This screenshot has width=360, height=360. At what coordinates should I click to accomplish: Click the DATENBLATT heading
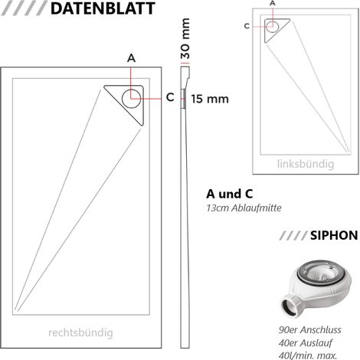click(103, 8)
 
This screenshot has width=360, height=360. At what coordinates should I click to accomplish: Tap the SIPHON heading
click(334, 235)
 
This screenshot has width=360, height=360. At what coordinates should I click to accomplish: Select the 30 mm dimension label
click(185, 38)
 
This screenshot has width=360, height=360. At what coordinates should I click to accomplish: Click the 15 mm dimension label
click(210, 99)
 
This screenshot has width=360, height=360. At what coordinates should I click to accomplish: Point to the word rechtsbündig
click(80, 332)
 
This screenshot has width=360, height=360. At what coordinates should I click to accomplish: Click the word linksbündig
click(306, 164)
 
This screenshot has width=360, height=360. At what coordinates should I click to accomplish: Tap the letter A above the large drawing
click(131, 58)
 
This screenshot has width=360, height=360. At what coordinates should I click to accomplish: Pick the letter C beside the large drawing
click(170, 97)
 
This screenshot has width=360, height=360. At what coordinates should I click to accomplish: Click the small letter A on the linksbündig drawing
click(273, 3)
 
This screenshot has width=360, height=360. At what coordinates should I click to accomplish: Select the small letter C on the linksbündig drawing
click(247, 26)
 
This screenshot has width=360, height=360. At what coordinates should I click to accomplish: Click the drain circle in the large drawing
click(123, 99)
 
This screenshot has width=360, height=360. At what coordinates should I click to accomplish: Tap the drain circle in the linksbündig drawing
click(267, 26)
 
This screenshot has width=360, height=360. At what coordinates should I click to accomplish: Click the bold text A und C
click(229, 194)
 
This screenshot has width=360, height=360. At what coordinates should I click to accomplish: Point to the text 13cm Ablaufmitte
click(244, 208)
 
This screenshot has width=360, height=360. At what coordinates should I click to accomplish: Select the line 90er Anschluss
click(309, 330)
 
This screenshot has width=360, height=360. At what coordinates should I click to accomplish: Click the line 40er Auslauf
click(306, 343)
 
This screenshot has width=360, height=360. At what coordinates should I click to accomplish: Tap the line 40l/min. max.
click(308, 355)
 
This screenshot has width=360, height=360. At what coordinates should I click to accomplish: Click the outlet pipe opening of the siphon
click(290, 306)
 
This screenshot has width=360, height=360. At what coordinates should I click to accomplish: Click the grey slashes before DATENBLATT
click(25, 8)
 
